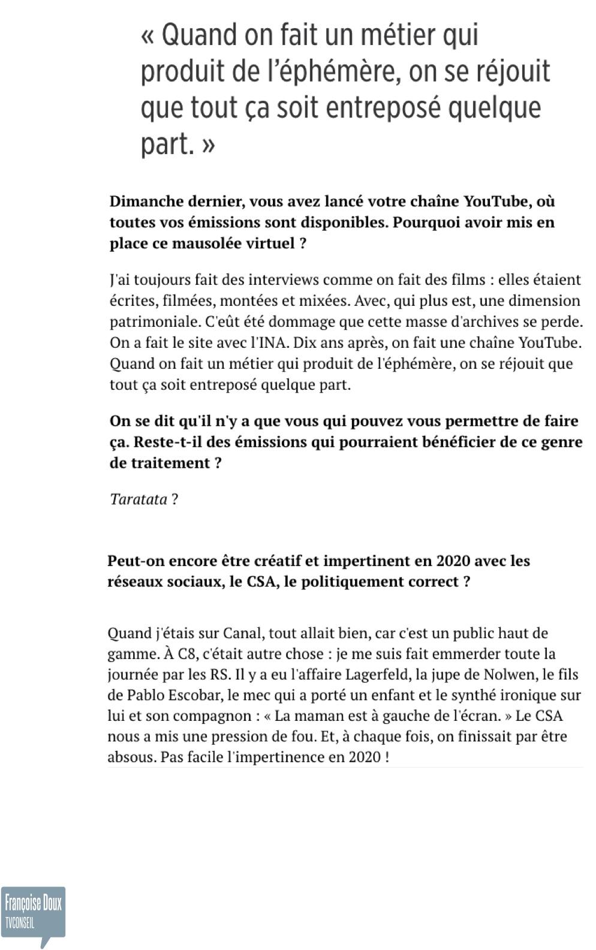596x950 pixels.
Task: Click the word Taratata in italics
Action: pos(139,499)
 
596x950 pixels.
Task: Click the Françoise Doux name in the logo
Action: pos(33,903)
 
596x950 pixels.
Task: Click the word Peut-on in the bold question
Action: pos(136,561)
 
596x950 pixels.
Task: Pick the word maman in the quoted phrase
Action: pos(313,716)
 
